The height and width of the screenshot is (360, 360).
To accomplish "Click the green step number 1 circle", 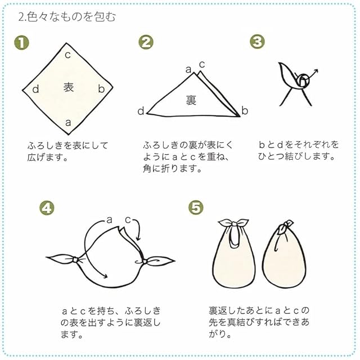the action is click(21, 43).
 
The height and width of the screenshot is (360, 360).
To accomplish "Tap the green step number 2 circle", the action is click(146, 42).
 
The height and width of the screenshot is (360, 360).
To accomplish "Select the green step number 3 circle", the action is click(257, 42).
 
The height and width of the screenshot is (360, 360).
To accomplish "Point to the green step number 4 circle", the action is click(47, 208).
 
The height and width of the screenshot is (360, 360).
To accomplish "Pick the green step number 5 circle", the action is click(196, 208).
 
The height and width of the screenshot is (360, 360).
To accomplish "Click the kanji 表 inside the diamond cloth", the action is click(69, 87).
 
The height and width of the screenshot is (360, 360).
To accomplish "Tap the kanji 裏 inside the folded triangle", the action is click(191, 100).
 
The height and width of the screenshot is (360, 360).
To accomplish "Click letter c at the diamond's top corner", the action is click(67, 55).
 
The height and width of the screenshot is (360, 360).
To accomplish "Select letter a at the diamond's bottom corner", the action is click(68, 123).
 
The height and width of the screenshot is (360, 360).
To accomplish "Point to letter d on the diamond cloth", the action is click(35, 89).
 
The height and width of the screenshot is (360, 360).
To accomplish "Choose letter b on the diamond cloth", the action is click(101, 89).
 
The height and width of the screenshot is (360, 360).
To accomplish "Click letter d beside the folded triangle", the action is click(141, 111).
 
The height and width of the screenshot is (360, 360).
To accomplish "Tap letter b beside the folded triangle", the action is click(245, 111).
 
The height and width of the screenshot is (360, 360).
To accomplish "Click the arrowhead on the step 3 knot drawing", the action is click(316, 71).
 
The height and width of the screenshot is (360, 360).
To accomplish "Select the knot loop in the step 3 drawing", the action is click(303, 80).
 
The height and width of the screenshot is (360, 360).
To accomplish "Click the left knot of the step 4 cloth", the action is click(75, 260).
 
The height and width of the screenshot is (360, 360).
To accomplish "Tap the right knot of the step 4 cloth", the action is click(145, 262).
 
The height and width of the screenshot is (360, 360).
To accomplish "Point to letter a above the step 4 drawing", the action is click(109, 220).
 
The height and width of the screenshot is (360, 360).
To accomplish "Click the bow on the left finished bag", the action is click(233, 223).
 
